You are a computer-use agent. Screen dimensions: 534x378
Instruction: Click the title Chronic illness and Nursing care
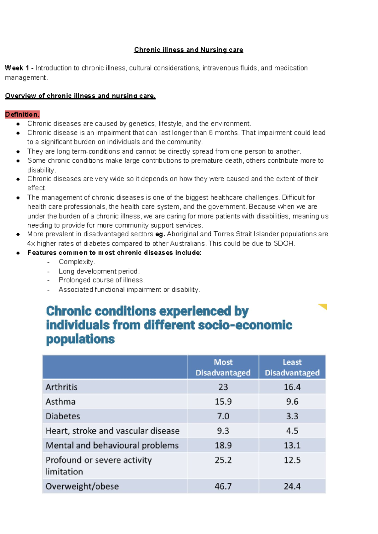(x=188, y=50)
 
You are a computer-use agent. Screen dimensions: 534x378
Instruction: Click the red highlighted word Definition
(x=22, y=115)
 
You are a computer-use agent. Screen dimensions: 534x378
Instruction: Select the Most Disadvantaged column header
(x=223, y=367)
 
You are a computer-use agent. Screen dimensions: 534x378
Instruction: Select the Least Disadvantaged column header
(x=292, y=367)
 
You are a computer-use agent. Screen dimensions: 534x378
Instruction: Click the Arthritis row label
(x=61, y=387)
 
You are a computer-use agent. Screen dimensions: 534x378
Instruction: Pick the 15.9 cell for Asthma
(x=223, y=402)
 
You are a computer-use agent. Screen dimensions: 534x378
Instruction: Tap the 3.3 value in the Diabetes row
(x=292, y=416)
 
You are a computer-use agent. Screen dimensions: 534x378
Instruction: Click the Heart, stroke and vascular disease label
(x=112, y=431)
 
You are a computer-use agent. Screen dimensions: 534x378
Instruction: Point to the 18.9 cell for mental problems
(x=223, y=445)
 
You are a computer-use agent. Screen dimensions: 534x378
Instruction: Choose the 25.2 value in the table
(x=223, y=460)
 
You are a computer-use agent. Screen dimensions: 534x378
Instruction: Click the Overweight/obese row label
(x=82, y=486)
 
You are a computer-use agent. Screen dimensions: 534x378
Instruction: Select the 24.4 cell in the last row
(x=292, y=486)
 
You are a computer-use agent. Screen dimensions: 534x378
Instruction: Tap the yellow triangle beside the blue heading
(x=323, y=306)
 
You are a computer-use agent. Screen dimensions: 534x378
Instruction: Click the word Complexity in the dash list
(x=76, y=262)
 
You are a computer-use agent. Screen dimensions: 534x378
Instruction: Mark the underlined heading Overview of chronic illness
(x=80, y=96)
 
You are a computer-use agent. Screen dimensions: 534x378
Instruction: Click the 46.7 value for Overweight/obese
(x=223, y=486)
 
